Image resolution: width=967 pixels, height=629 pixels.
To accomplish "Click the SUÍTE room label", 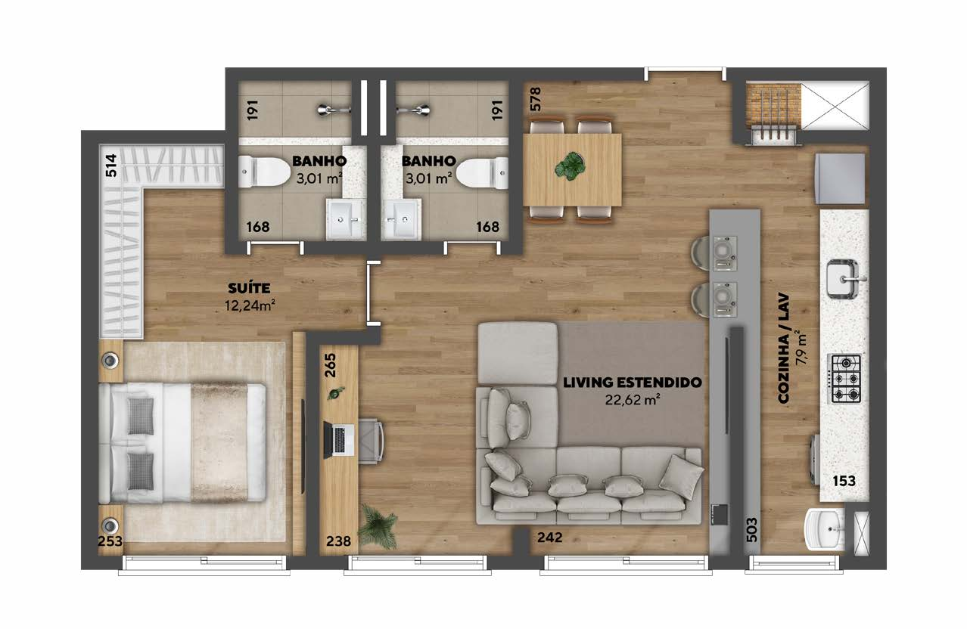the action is [249, 288].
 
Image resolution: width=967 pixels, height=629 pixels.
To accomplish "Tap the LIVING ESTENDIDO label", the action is [632, 383].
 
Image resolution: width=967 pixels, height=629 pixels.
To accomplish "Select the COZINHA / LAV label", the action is [784, 349].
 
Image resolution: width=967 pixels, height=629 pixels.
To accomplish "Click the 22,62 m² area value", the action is [633, 400].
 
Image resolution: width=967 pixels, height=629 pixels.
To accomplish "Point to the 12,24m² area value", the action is [250, 305].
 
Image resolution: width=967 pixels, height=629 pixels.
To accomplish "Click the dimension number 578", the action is [535, 99].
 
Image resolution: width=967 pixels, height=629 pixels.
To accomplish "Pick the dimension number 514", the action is [111, 166].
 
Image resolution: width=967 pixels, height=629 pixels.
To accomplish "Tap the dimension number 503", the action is [751, 530].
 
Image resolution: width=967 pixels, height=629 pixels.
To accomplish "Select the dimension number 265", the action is [330, 365].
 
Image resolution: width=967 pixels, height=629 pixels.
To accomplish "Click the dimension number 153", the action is [844, 481].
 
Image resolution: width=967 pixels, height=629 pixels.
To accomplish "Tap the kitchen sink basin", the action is [843, 279].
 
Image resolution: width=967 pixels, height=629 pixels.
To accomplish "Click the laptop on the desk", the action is [339, 439].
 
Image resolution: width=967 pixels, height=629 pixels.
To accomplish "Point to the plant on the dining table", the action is [571, 166].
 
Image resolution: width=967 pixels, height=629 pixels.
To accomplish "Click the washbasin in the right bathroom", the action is [401, 218].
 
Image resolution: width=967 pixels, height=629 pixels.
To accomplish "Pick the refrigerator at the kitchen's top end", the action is [840, 178].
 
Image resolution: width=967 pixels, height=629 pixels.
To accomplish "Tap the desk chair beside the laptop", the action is [371, 440].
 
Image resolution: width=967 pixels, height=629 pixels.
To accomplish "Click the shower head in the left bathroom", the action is [331, 110].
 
